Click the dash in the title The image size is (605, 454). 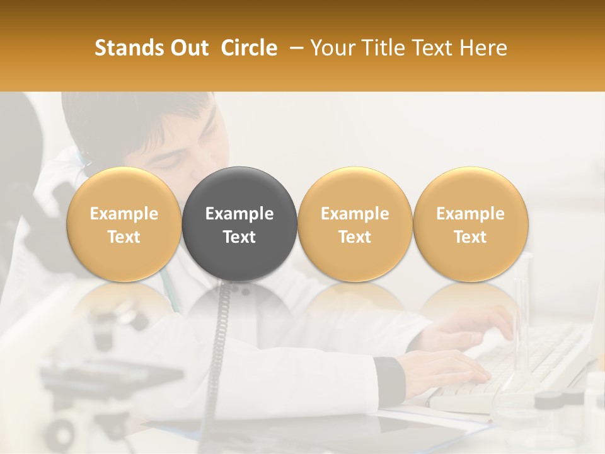click(x=294, y=48)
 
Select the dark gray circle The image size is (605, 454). click(x=239, y=224)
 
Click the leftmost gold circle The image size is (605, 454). click(x=124, y=224)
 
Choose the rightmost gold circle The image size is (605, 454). click(x=471, y=224)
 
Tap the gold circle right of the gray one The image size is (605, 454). click(x=355, y=224)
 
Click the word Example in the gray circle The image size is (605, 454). click(x=239, y=214)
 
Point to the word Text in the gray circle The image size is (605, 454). click(x=239, y=237)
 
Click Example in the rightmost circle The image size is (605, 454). click(x=471, y=214)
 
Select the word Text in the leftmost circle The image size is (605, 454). click(x=124, y=237)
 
